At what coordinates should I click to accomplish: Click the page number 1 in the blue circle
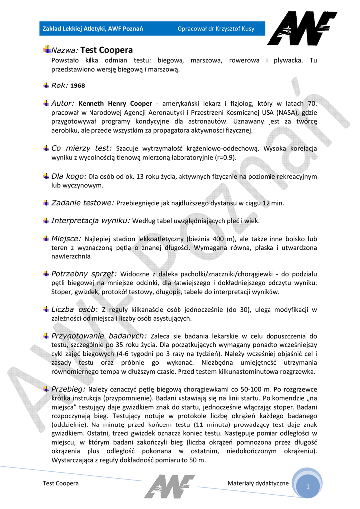[308, 487]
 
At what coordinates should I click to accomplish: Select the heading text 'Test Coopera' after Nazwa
[106, 50]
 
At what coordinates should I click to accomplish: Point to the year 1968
[78, 85]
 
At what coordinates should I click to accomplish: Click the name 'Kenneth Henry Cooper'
[115, 104]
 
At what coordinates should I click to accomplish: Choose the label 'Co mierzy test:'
[82, 148]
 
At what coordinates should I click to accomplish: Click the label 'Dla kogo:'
[69, 176]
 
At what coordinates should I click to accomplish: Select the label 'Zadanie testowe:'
[83, 203]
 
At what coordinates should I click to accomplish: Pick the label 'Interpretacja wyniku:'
[90, 220]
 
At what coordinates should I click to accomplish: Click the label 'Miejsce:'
[66, 238]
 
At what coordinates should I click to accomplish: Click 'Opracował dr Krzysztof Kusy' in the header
[216, 29]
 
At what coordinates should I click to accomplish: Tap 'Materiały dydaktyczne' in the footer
[258, 483]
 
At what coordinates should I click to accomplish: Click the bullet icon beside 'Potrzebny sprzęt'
[46, 273]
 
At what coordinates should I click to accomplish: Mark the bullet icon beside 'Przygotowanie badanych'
[46, 336]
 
